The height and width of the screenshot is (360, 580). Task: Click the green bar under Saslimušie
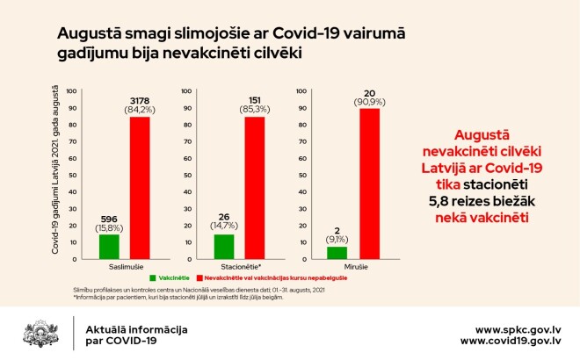coord(109,247)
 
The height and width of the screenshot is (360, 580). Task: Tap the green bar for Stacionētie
coord(223,247)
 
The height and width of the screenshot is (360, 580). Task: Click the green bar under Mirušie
coord(337,253)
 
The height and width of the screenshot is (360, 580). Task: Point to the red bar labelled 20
coord(369,184)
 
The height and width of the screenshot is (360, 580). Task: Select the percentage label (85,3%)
coord(255,109)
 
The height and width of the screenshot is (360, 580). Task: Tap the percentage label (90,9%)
coord(369,102)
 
